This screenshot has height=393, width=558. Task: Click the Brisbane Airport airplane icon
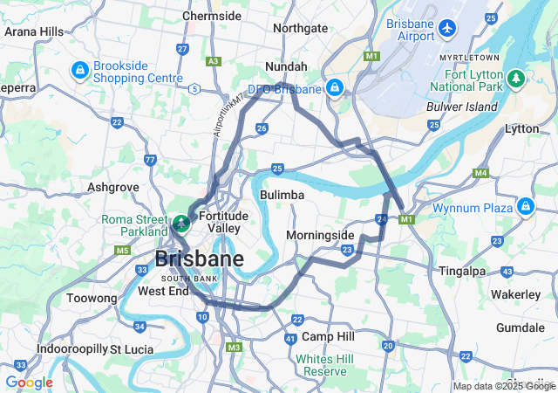pyautogui.click(x=448, y=28)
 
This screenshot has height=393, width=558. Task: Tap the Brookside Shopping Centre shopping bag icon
pyautogui.click(x=79, y=69)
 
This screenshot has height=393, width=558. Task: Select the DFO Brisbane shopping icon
pyautogui.click(x=335, y=87)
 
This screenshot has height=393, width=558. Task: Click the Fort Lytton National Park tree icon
pyautogui.click(x=516, y=79)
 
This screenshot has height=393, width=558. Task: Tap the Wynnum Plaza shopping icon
pyautogui.click(x=525, y=206)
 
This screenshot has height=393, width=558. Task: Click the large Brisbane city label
pyautogui.click(x=199, y=259)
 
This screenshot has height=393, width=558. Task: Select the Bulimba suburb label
pyautogui.click(x=282, y=195)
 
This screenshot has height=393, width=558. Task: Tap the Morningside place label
pyautogui.click(x=320, y=235)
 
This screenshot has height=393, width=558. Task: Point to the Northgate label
pyautogui.click(x=300, y=28)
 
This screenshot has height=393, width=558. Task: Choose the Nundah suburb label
pyautogui.click(x=286, y=66)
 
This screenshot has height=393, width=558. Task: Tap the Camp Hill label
pyautogui.click(x=328, y=336)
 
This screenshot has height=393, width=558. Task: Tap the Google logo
pyautogui.click(x=29, y=383)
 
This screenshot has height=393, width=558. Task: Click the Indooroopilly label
pyautogui.click(x=71, y=349)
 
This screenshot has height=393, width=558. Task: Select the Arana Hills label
pyautogui.click(x=34, y=31)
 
